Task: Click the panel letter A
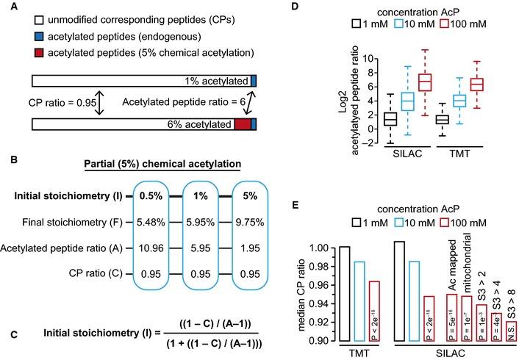(10, 8)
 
